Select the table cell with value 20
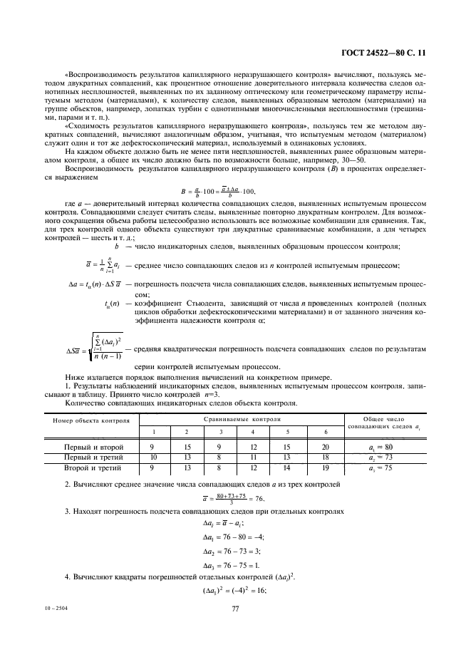(x=325, y=447)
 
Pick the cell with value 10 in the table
(x=152, y=457)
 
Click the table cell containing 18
(x=325, y=457)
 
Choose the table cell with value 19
(x=325, y=468)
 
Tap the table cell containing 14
(x=287, y=468)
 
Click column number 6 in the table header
(x=325, y=433)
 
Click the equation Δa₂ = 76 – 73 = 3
(x=234, y=551)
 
